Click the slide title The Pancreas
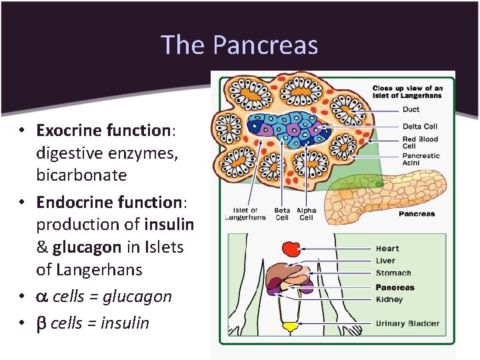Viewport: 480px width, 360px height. click(239, 45)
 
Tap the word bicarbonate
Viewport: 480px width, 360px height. click(81, 175)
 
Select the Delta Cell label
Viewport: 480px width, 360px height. click(420, 127)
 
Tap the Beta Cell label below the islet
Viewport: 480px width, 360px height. click(283, 214)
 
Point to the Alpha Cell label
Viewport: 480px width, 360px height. click(306, 214)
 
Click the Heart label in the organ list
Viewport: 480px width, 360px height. click(387, 249)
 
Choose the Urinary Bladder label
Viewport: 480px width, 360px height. click(407, 324)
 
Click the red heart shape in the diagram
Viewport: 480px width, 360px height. click(291, 249)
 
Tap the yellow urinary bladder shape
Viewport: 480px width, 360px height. click(290, 327)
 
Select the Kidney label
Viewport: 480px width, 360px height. click(389, 299)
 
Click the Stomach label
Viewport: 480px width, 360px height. click(393, 273)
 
